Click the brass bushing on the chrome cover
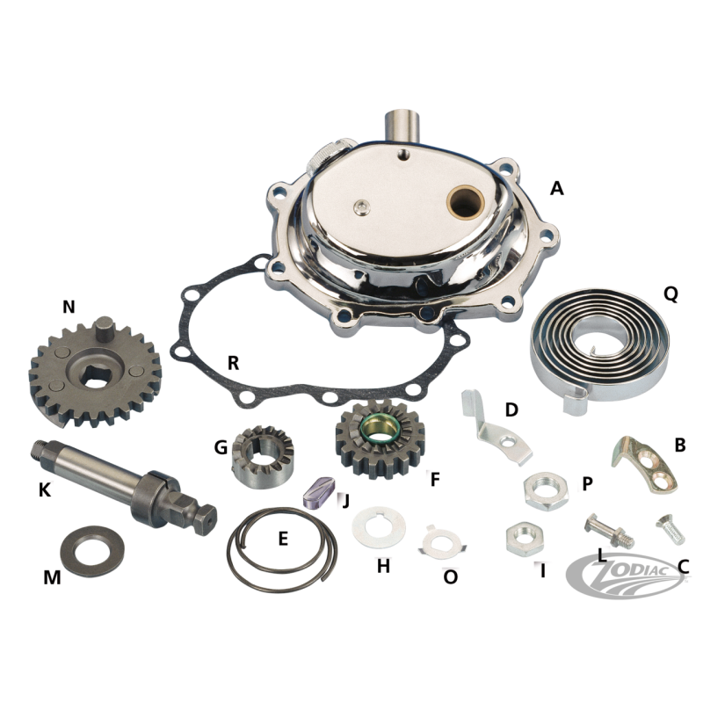click(467, 202)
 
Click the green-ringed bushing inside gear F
click(380, 428)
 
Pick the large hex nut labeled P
click(546, 491)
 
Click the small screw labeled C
click(670, 530)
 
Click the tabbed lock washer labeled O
click(443, 542)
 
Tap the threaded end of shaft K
click(40, 449)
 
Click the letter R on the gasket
click(233, 363)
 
